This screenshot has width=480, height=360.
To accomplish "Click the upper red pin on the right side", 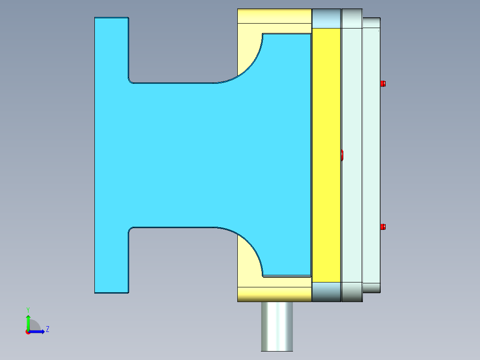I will point(383,83).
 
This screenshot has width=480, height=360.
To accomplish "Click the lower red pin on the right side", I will point(383,227).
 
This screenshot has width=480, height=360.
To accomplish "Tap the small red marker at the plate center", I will point(342,155).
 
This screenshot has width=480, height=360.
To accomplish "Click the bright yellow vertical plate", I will point(326,155).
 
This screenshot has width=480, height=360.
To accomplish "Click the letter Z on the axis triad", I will point(47,330).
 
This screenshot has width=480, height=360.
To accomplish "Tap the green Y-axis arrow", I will point(28,322).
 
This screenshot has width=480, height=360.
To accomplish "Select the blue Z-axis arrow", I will point(37,331).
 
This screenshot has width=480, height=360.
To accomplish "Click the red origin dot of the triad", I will point(28,332).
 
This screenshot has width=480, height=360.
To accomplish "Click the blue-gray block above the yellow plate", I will point(326,18).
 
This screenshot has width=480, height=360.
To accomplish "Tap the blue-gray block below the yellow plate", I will point(326,292).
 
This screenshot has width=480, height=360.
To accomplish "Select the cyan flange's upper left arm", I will point(111,49).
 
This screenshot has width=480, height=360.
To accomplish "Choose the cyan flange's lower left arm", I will point(111,261).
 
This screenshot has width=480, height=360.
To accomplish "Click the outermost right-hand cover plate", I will point(371,155).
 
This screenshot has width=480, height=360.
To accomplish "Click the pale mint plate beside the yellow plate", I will point(352,155).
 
